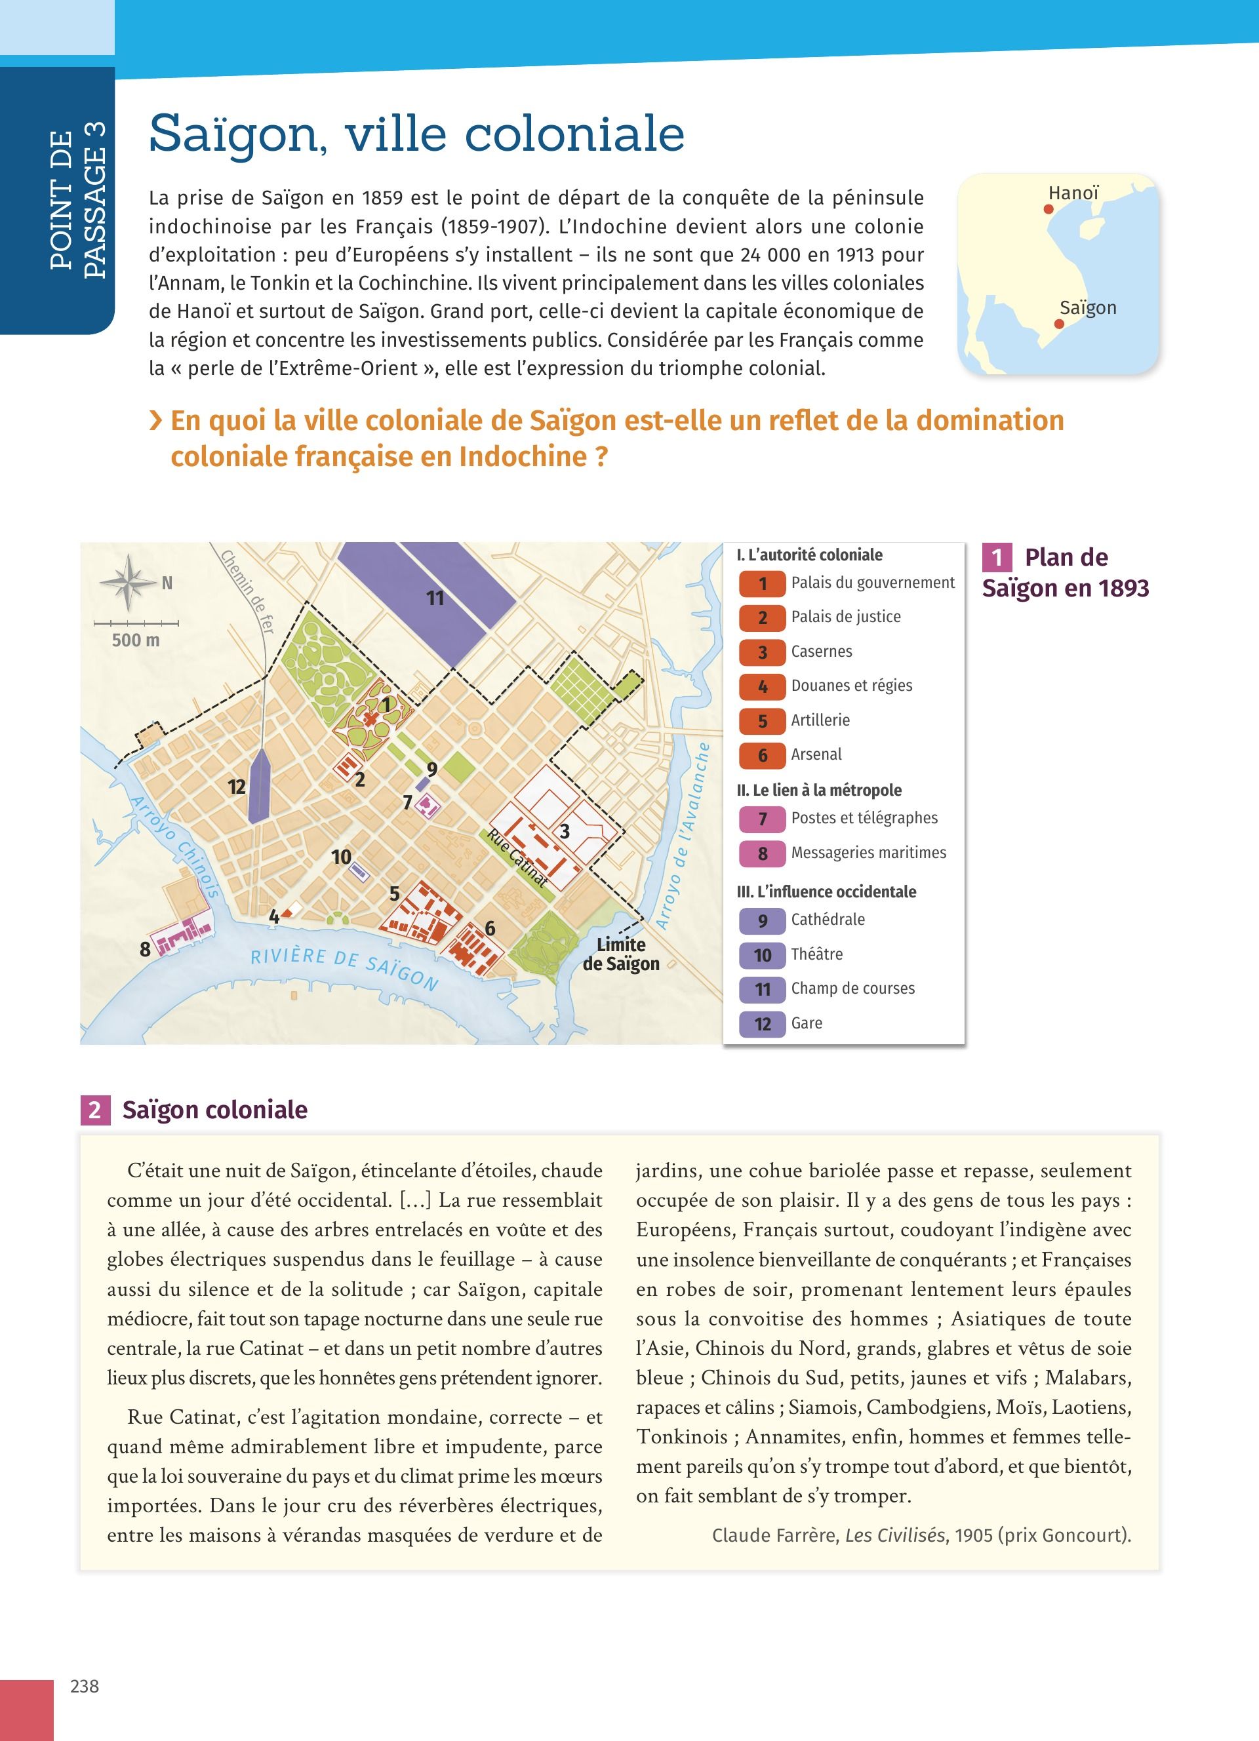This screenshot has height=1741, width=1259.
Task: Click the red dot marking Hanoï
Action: click(x=1049, y=209)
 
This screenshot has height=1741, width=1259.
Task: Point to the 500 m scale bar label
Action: click(x=136, y=640)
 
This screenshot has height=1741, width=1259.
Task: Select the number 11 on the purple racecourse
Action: click(x=435, y=598)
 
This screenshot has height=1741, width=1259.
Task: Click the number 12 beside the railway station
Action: click(x=237, y=787)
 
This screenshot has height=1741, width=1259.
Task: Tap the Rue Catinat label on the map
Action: click(x=517, y=858)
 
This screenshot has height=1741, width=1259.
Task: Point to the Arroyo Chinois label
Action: click(x=175, y=846)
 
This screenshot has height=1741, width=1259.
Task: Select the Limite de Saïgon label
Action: click(x=621, y=954)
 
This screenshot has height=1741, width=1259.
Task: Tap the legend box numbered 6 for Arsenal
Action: click(x=763, y=755)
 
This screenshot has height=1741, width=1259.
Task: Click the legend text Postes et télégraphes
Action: click(x=864, y=818)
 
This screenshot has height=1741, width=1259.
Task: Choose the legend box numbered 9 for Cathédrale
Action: click(x=763, y=920)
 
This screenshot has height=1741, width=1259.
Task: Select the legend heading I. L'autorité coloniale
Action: click(x=809, y=555)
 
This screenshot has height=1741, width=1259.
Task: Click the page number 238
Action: click(x=85, y=1686)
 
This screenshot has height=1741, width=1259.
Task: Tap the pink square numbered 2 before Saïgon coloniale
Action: click(x=94, y=1110)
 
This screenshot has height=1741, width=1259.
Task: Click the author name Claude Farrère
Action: click(x=775, y=1535)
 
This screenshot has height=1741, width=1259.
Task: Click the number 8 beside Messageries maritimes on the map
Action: click(x=145, y=950)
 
